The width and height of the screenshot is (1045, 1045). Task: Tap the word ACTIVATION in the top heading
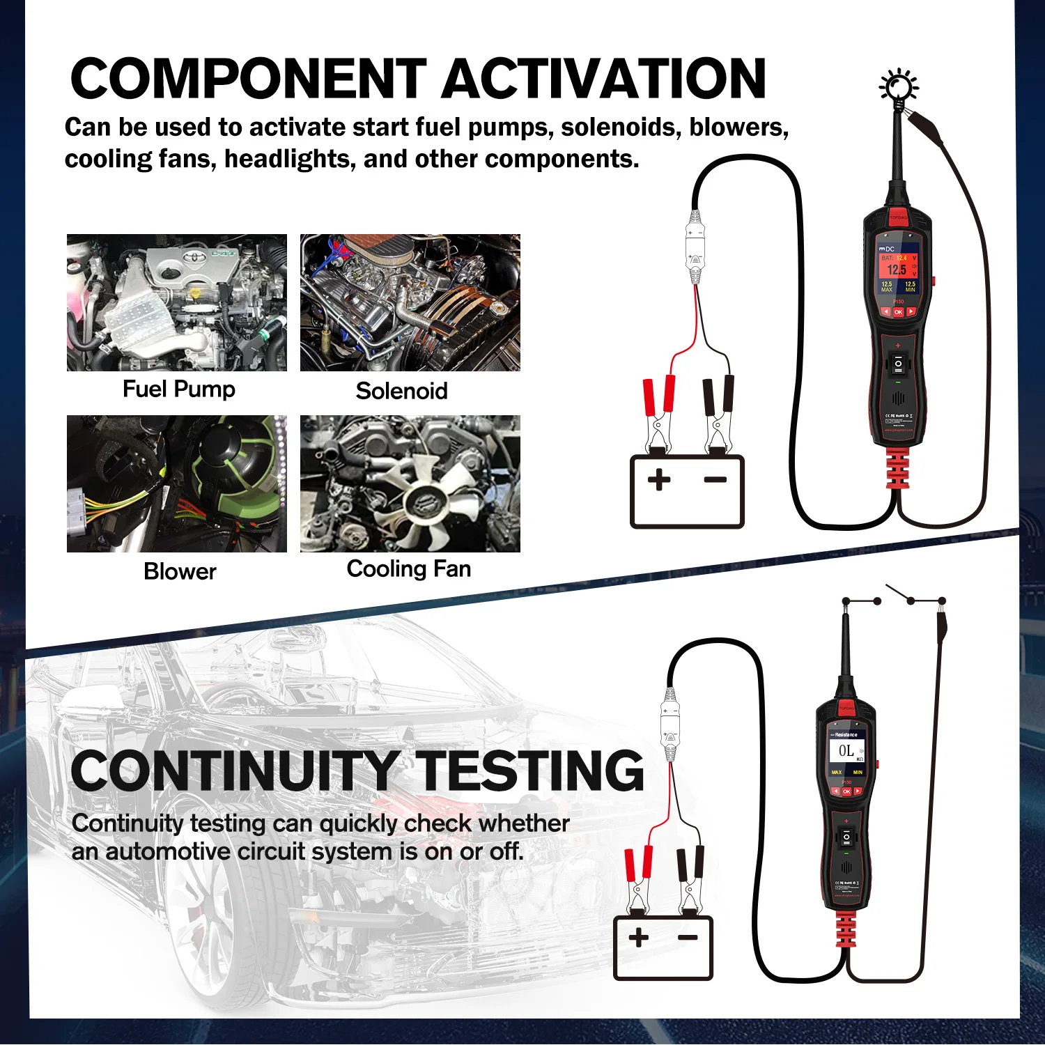(x=603, y=78)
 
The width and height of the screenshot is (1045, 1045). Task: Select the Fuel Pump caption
(x=179, y=389)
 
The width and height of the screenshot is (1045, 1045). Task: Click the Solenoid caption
(x=402, y=391)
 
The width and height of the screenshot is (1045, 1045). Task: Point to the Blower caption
(x=180, y=571)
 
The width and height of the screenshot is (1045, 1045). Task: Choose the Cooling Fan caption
(x=409, y=568)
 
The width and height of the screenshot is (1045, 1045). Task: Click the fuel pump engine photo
(x=177, y=302)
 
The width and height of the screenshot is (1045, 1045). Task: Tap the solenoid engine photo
(x=410, y=302)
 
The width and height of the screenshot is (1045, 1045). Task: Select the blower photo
(x=177, y=483)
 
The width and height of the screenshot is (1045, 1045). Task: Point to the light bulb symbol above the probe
(x=899, y=86)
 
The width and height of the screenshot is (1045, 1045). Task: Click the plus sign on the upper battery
(x=659, y=480)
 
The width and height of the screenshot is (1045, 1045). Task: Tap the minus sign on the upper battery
(x=715, y=479)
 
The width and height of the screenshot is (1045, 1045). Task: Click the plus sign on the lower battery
(x=638, y=937)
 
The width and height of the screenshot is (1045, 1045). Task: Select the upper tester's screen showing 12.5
(x=898, y=273)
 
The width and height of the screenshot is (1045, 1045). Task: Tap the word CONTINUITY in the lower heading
(x=235, y=771)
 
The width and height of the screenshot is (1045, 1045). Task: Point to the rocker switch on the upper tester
(x=898, y=364)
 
